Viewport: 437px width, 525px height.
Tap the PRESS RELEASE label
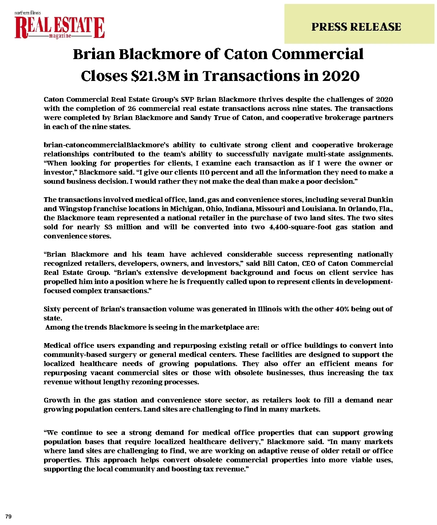tap(356, 27)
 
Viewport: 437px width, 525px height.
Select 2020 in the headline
tap(340, 76)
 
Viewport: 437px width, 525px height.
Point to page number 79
tap(8, 517)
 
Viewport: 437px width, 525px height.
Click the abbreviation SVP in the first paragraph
tap(189, 100)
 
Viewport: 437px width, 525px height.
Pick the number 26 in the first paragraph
tap(132, 109)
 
